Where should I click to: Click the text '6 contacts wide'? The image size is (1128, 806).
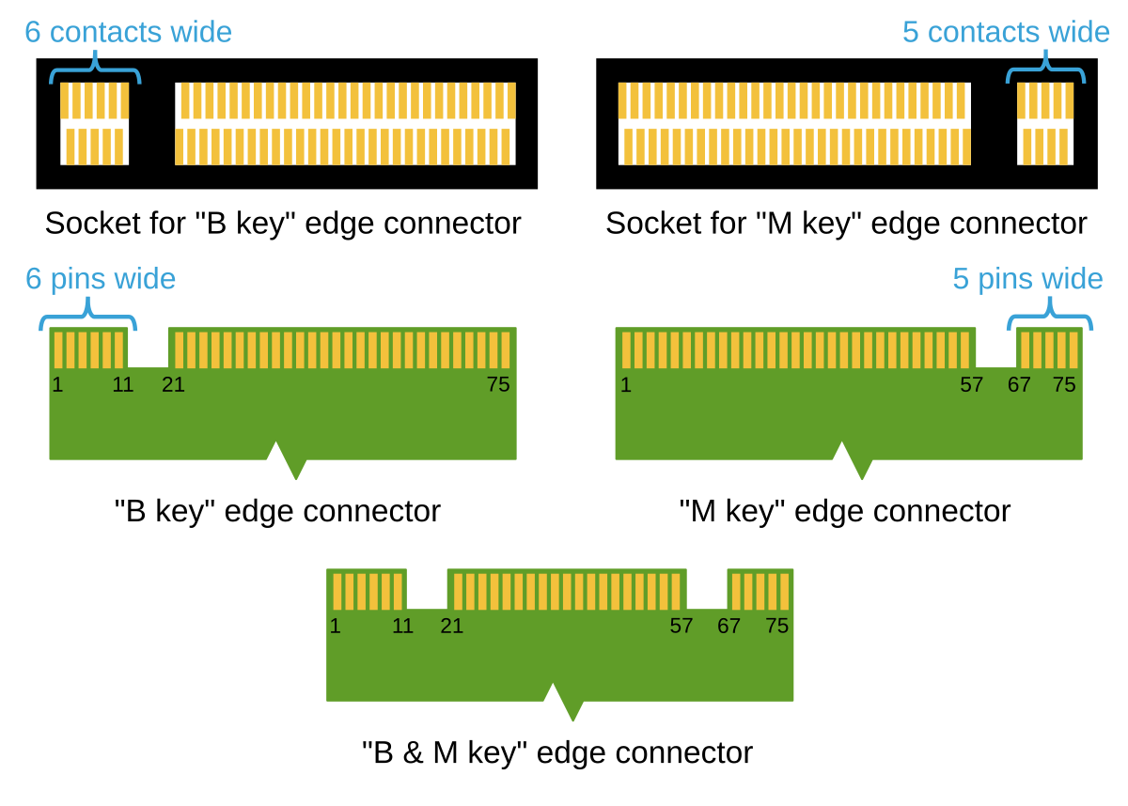click(x=128, y=32)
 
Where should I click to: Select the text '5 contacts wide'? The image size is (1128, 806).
click(x=1006, y=32)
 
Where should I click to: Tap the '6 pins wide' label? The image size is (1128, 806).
click(x=101, y=279)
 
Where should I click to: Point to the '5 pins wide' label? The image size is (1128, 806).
click(x=1027, y=279)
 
